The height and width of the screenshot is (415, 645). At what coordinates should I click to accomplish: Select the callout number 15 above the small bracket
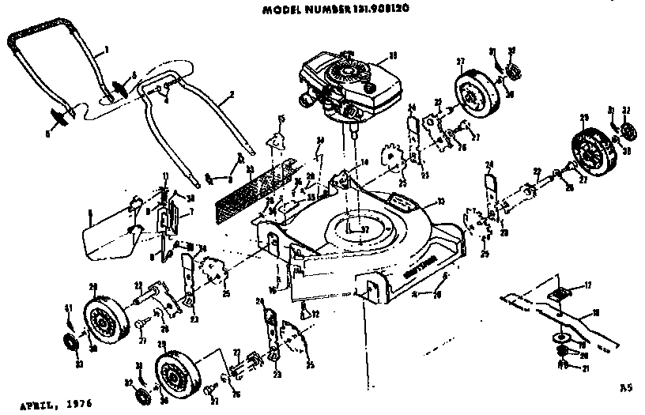[x=280, y=119]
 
